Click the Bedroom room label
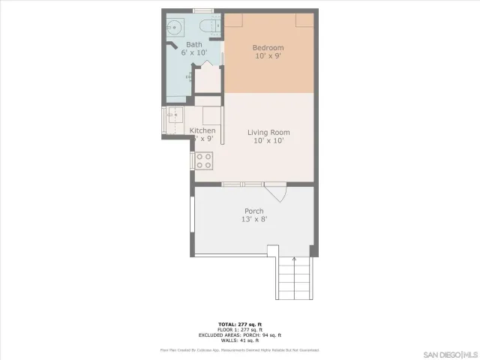(268, 48)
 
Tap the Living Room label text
(268, 133)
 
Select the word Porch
(254, 211)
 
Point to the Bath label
(193, 45)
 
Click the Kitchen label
(202, 130)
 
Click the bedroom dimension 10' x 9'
(268, 56)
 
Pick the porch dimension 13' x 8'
(254, 219)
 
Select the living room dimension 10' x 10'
(268, 141)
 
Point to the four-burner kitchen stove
(205, 160)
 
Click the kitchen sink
(174, 116)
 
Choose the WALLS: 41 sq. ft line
(240, 340)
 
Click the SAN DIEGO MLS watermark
(449, 353)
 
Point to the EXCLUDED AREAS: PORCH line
(240, 334)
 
